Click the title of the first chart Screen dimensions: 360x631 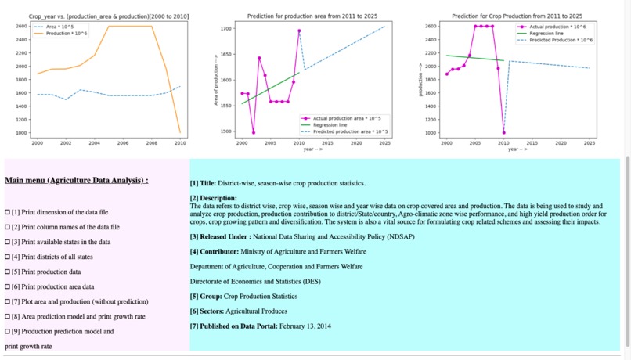click(109, 16)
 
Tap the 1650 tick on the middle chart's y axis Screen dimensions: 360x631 click(226, 54)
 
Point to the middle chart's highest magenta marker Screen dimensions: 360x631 click(299, 31)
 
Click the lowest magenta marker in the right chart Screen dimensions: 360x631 click(503, 132)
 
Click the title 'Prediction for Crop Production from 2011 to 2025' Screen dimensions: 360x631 click(517, 16)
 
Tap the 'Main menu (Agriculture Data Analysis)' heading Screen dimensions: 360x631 click(77, 180)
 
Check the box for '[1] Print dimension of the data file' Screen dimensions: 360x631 click(8, 212)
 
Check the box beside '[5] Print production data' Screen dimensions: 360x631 click(8, 272)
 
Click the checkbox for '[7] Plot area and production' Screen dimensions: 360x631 click(8, 301)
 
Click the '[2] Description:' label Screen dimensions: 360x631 click(213, 198)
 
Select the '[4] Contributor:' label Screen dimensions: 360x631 click(215, 252)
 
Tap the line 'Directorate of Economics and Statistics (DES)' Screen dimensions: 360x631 click(255, 281)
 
